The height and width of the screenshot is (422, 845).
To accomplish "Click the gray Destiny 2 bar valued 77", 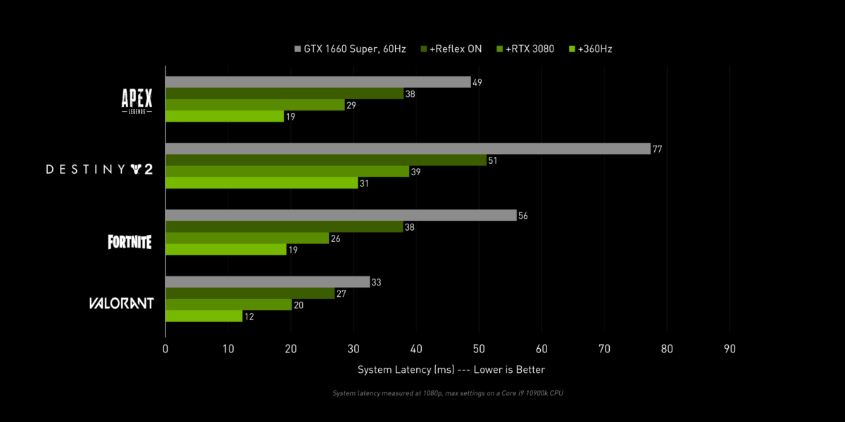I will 408,148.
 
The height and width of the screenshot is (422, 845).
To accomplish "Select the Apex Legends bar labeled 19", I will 225,117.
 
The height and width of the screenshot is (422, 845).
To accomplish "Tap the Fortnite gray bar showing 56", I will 341,215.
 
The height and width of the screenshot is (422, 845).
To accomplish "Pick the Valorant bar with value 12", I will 204,316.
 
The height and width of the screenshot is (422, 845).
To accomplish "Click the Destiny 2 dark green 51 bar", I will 326,160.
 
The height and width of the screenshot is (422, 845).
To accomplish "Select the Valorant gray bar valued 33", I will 268,282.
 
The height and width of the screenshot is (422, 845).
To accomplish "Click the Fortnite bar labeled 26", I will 247,238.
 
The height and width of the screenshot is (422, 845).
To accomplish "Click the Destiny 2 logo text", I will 99,169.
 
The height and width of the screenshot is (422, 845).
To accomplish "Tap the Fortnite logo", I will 130,242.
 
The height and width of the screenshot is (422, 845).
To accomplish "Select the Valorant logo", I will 121,304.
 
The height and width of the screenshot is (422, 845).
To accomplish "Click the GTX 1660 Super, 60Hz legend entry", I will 351,49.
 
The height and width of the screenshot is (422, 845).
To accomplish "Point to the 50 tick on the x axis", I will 479,348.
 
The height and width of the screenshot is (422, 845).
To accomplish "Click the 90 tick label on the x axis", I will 730,348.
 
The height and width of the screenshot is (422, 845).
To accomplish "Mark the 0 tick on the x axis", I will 165,348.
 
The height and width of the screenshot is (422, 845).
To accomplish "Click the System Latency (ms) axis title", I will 451,369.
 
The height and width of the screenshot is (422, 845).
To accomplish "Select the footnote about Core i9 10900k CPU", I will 447,393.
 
